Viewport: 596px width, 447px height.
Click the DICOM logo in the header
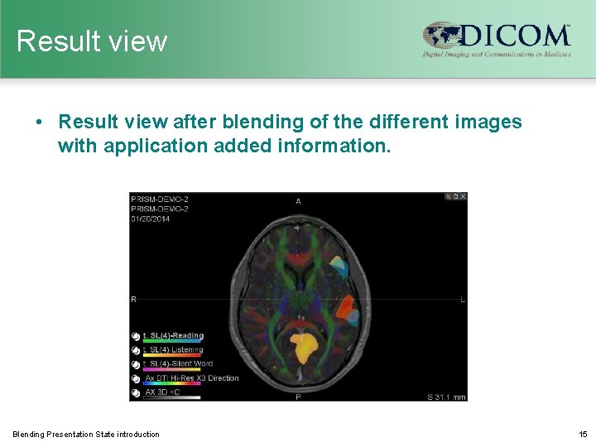click(x=497, y=39)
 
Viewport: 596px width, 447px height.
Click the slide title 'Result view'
click(x=92, y=41)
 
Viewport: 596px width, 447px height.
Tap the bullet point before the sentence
click(x=39, y=123)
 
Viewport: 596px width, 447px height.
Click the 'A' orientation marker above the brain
click(x=298, y=201)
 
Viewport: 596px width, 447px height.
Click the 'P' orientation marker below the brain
click(x=298, y=397)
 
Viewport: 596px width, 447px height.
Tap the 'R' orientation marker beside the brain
click(x=134, y=299)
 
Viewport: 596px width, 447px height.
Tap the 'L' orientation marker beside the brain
click(x=462, y=299)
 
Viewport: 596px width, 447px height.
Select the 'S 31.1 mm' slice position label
click(x=446, y=397)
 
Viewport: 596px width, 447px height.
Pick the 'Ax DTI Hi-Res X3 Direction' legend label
click(x=191, y=377)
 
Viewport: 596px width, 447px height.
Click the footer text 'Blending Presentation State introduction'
click(x=86, y=434)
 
